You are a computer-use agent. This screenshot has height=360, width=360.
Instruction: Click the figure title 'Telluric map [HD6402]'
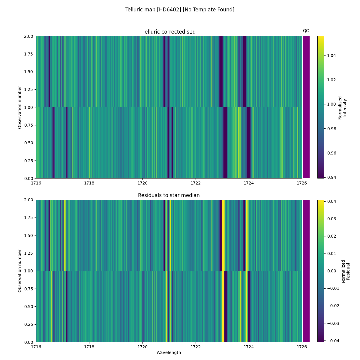[x=180, y=10]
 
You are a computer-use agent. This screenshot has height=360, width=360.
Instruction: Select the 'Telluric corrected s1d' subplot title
[x=169, y=32]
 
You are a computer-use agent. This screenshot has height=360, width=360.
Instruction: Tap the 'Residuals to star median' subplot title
[x=169, y=195]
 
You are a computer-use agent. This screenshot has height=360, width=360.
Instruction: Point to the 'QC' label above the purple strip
[x=306, y=31]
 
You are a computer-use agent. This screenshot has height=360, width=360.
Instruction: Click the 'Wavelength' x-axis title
[x=169, y=352]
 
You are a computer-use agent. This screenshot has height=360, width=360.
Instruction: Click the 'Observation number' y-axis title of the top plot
[x=20, y=107]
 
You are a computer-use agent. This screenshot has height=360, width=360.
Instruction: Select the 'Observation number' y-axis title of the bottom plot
[x=20, y=271]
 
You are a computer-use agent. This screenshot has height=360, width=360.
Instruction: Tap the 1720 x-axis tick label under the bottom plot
[x=142, y=347]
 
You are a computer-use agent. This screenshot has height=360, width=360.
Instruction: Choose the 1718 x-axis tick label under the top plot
[x=89, y=183]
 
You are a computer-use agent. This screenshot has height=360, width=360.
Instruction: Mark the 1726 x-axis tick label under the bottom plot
[x=301, y=347]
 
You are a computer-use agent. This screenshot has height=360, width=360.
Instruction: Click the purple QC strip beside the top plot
[x=306, y=107]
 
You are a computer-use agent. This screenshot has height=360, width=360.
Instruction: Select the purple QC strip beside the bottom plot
[x=306, y=271]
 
